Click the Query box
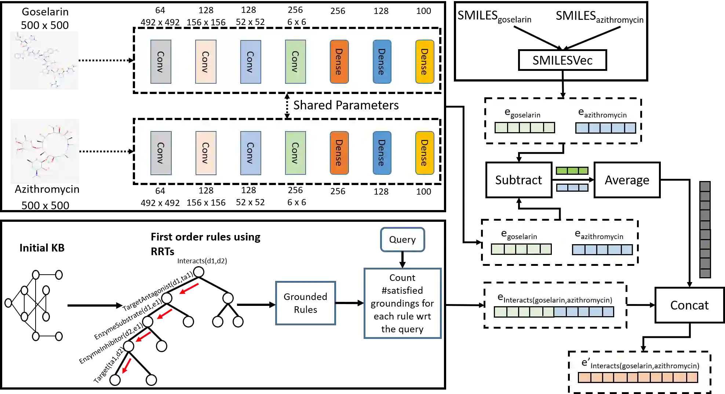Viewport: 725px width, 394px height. (x=402, y=239)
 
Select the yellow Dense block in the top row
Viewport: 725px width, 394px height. (x=425, y=62)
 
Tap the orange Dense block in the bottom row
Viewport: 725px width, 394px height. (x=339, y=153)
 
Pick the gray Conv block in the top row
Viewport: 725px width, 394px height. (x=161, y=62)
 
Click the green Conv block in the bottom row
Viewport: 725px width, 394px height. (x=295, y=153)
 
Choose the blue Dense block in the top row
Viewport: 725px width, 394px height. (x=382, y=62)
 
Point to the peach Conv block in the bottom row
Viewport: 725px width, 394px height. (x=206, y=153)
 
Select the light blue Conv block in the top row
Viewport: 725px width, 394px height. (x=251, y=62)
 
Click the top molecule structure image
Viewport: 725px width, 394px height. (x=44, y=60)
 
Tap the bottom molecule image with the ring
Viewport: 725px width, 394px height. (x=44, y=151)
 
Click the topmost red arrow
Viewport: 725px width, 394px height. (x=189, y=289)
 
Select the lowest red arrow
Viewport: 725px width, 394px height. (x=126, y=366)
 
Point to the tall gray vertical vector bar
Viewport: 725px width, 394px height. (x=705, y=230)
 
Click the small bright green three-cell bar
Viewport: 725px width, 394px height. (x=572, y=171)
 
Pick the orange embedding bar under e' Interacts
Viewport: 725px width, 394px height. (x=638, y=377)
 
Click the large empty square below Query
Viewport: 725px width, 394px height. (x=402, y=304)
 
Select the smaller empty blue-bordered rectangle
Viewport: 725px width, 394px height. (x=305, y=303)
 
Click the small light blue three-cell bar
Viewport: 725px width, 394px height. (x=572, y=188)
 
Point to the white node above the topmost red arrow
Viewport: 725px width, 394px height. (x=198, y=272)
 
